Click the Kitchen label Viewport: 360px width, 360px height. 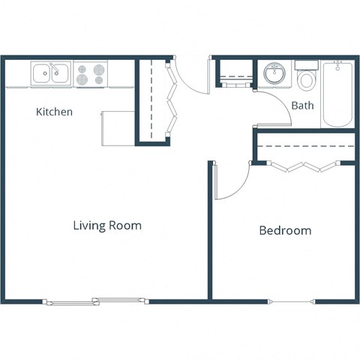pyautogui.click(x=55, y=112)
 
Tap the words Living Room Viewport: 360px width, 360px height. pyautogui.click(x=107, y=225)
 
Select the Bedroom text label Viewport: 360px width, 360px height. pyautogui.click(x=285, y=230)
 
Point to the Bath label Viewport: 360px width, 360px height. pyautogui.click(x=302, y=106)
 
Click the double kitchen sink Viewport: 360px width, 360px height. pyautogui.click(x=50, y=73)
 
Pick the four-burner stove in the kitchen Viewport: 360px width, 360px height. pyautogui.click(x=91, y=73)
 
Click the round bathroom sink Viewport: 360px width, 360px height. pyautogui.click(x=274, y=74)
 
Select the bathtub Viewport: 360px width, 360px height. pyautogui.click(x=337, y=95)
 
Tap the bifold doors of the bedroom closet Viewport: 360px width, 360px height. pyautogui.click(x=303, y=167)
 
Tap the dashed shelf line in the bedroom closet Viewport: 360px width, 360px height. pyautogui.click(x=304, y=145)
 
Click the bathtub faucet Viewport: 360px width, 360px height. pyautogui.click(x=338, y=67)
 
